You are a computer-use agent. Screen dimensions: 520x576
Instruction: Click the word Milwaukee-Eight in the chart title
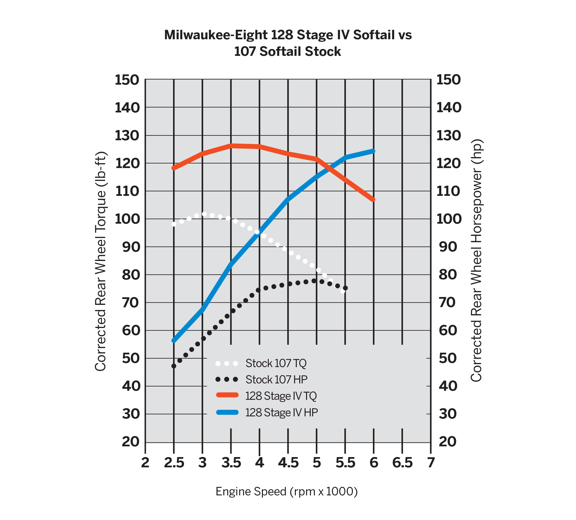pyautogui.click(x=216, y=35)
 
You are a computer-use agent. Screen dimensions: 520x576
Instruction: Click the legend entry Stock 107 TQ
pyautogui.click(x=276, y=363)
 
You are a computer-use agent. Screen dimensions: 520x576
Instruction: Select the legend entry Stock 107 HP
pyautogui.click(x=276, y=380)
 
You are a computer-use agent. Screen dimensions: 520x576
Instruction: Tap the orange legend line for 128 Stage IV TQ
pyautogui.click(x=227, y=395)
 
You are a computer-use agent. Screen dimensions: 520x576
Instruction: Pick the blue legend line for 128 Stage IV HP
pyautogui.click(x=227, y=412)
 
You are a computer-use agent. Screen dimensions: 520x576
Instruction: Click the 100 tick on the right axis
pyautogui.click(x=449, y=219)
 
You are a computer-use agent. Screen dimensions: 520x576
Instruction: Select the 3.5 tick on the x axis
pyautogui.click(x=231, y=463)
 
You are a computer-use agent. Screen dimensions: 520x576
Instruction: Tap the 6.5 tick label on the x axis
pyautogui.click(x=402, y=463)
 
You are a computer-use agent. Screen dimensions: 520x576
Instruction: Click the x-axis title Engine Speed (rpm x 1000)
pyautogui.click(x=287, y=491)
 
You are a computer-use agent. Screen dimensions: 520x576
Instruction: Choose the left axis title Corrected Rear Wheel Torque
pyautogui.click(x=100, y=261)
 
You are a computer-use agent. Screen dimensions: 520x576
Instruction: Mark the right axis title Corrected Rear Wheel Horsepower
pyautogui.click(x=476, y=260)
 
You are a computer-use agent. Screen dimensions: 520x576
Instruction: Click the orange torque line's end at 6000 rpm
pyautogui.click(x=373, y=200)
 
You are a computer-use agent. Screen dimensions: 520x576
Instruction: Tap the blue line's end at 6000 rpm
pyautogui.click(x=373, y=151)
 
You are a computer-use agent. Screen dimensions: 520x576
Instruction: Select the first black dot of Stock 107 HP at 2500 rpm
pyautogui.click(x=174, y=366)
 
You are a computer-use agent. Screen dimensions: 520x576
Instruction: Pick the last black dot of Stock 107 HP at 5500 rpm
pyautogui.click(x=345, y=288)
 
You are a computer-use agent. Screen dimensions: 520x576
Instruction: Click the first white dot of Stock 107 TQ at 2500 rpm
pyautogui.click(x=174, y=224)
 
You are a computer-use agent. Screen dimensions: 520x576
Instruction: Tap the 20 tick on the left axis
pyautogui.click(x=131, y=442)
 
